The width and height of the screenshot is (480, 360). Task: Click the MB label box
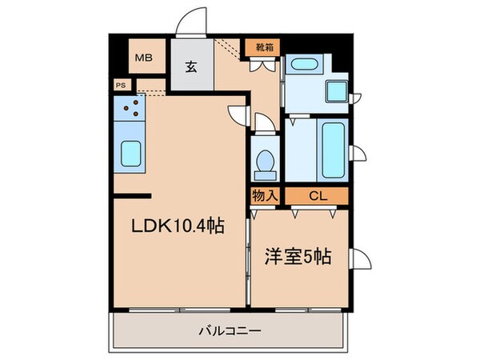coord(145,57)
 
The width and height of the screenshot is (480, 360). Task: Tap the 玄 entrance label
coord(192,67)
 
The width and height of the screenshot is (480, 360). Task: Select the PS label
coord(121,84)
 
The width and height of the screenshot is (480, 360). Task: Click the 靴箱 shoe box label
coord(263,47)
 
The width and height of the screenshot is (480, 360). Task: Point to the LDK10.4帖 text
coord(177,226)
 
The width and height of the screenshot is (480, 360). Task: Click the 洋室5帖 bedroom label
coord(298,257)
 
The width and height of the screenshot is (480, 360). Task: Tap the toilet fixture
coord(263,162)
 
